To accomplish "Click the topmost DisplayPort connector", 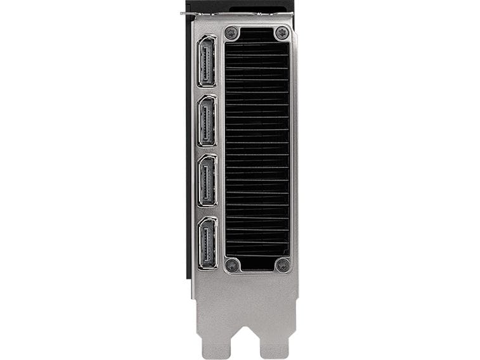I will pos(207,61).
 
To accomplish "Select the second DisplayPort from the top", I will pos(207,120).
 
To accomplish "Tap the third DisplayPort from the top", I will pos(207,180).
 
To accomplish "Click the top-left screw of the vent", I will pos(233,32).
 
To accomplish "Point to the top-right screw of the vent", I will pos(282,32).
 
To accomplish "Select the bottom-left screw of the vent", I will pos(233,264).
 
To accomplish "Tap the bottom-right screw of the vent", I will pos(282,264).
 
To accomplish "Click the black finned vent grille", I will pos(257,149).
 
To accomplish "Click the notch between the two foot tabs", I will pos(245,345).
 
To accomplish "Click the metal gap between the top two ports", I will pos(207,91).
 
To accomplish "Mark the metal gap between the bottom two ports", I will pos(207,211).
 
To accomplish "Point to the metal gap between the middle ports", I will pos(207,150).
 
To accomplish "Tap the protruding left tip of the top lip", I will pos(183,13).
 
